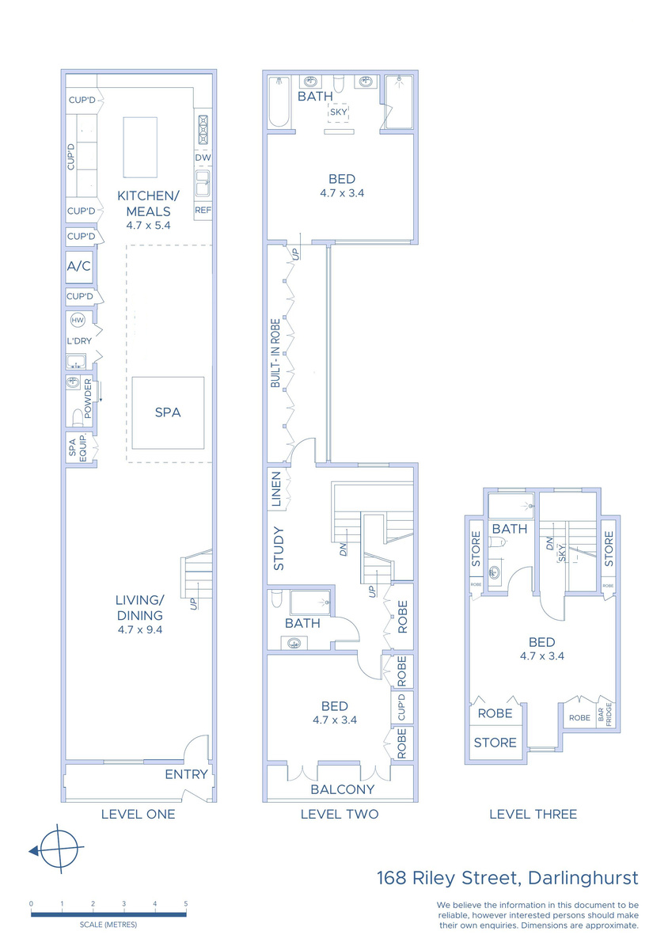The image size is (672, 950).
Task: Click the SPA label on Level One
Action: click(168, 412)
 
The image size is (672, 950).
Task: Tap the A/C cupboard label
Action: click(79, 266)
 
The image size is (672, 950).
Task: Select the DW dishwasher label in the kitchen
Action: click(203, 158)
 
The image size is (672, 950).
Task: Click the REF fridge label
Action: click(203, 211)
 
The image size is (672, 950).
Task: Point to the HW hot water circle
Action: click(78, 320)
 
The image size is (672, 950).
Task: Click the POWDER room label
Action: click(88, 398)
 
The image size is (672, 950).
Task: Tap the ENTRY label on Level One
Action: click(186, 774)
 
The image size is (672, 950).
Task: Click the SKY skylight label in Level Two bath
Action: click(338, 112)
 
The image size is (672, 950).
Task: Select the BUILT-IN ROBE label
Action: click(275, 353)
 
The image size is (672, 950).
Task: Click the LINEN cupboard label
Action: click(276, 489)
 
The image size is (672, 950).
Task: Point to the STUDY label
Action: click(279, 549)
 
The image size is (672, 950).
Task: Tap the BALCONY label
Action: click(343, 789)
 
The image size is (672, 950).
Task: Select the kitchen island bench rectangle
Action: click(140, 147)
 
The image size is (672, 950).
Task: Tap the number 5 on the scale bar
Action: click(186, 904)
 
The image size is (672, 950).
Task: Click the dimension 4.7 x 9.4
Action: click(140, 630)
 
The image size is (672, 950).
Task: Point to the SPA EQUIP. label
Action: click(77, 447)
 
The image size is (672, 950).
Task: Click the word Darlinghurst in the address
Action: click(583, 878)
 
